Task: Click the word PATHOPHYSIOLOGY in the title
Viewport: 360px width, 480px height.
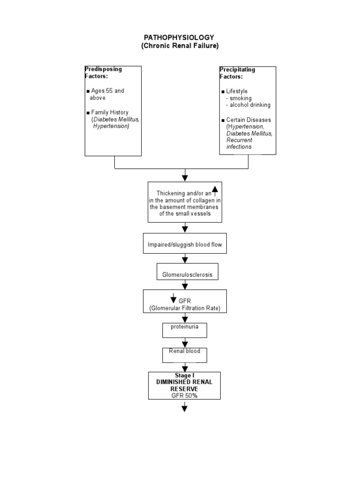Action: coord(179,37)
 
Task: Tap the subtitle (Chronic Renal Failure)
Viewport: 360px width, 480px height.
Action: coord(180,45)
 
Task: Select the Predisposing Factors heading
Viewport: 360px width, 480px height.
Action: coord(103,73)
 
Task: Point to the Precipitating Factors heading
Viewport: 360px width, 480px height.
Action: coord(237,73)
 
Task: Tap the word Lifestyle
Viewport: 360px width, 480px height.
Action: coord(237,91)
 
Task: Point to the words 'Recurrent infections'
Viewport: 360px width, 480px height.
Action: coord(240,143)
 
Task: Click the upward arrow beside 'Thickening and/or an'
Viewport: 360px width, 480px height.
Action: coord(215,191)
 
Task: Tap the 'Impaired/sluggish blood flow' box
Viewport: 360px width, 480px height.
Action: coord(185,243)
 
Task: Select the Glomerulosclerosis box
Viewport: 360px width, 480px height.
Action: coord(187,271)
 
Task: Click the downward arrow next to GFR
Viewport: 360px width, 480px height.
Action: coord(173,298)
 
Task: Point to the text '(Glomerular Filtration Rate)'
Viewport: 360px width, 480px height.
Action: coord(185,308)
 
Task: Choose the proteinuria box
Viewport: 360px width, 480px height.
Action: coord(185,330)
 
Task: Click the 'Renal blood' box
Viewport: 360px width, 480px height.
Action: coord(185,355)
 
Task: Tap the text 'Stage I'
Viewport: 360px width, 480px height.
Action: coord(185,375)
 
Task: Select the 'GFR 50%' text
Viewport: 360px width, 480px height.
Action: coord(184,396)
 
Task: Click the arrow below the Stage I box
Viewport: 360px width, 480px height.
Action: coord(185,407)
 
